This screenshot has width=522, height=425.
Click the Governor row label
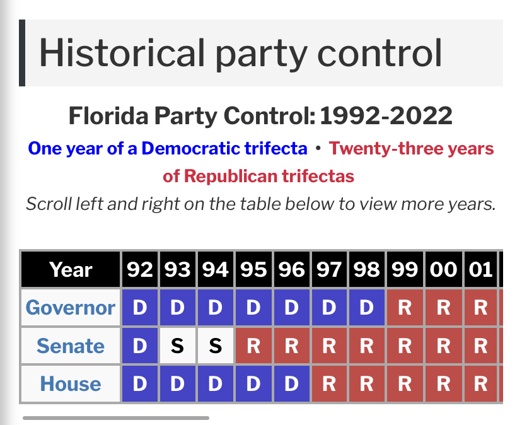[70, 308]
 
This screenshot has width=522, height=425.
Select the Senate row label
[70, 346]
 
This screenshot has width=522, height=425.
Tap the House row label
[70, 384]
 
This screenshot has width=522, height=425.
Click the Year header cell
[71, 269]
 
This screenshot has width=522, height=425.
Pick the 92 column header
[140, 269]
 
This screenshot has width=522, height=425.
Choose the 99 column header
[405, 269]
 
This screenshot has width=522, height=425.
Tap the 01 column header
[480, 269]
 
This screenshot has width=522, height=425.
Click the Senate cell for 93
[177, 346]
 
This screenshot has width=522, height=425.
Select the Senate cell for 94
[216, 346]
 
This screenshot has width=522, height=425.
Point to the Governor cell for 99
[405, 308]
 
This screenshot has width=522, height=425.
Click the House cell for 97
[329, 384]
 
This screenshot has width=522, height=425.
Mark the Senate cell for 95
[253, 346]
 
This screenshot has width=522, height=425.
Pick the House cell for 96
[292, 384]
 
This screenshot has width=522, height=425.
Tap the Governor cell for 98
[366, 308]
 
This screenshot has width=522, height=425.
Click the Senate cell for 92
[140, 346]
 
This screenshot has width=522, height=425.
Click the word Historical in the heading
[122, 53]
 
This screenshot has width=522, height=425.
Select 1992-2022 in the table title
[386, 115]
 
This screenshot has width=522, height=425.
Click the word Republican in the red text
[230, 176]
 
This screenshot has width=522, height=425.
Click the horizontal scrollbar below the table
[116, 417]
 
